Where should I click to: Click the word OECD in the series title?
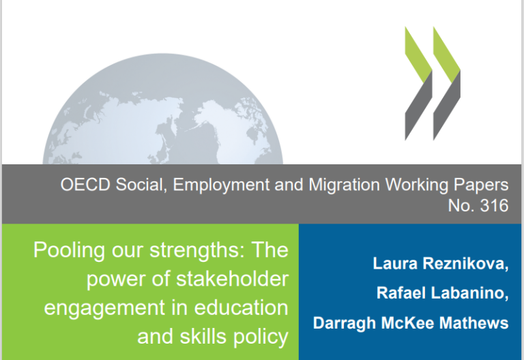pos(85,184)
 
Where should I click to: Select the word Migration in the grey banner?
pos(344,185)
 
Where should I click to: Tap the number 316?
pos(494,205)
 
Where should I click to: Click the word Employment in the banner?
pos(221,185)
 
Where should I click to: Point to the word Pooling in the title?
pos(69,250)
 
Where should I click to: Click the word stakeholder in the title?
pos(232,278)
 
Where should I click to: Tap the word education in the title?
pos(242,307)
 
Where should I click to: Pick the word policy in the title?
pos(261,337)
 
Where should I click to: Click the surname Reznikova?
pos(465,263)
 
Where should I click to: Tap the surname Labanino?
pos(470,293)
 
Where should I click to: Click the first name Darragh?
pos(344,324)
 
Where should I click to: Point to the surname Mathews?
pos(474,323)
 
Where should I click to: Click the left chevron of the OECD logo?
pos(419,83)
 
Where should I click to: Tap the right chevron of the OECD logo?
pos(447,83)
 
